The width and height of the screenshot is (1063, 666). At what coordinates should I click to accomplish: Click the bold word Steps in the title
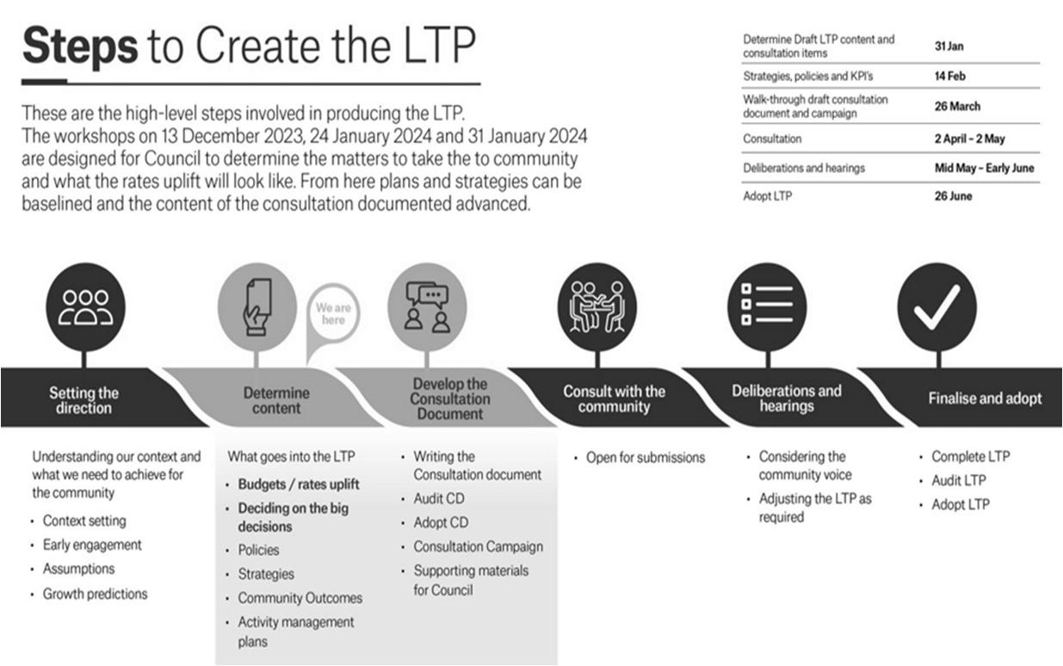(79, 48)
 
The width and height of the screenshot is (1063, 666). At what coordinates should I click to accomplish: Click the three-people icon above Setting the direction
(85, 306)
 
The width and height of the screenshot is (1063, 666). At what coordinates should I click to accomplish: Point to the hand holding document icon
(257, 306)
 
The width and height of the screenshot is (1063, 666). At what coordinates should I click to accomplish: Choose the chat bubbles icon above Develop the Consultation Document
(427, 307)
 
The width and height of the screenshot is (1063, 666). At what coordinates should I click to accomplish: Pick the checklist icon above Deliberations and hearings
(767, 307)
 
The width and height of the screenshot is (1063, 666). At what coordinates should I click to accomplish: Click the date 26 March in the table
(957, 107)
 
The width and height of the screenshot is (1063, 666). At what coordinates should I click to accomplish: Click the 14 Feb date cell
(950, 76)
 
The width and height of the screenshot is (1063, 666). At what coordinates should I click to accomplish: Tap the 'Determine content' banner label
(275, 400)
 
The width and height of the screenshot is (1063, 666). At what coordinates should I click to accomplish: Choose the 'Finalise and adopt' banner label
(985, 398)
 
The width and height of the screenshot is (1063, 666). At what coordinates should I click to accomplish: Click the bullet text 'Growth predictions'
(95, 594)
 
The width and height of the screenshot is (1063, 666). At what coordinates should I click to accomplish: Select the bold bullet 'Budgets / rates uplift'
(299, 484)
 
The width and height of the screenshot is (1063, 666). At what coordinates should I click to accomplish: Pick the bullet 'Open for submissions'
(646, 458)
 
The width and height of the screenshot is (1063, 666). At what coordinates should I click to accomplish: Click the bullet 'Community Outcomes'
(300, 598)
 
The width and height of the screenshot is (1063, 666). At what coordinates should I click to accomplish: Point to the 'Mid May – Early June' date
(985, 168)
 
